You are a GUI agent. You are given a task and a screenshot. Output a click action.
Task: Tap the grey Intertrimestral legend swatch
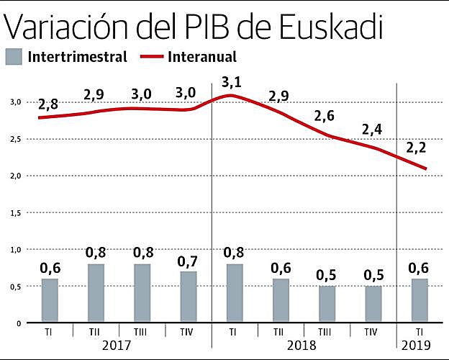click(14, 56)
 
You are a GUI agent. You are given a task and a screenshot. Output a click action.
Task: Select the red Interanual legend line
click(153, 56)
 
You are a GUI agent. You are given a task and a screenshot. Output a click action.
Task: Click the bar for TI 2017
click(49, 300)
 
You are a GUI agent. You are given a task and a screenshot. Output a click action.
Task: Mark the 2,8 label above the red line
click(49, 104)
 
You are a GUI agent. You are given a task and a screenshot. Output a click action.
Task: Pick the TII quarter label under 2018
click(279, 332)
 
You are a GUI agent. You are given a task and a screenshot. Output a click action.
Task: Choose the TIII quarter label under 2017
click(142, 332)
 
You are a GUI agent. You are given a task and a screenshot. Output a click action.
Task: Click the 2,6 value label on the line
click(325, 115)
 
